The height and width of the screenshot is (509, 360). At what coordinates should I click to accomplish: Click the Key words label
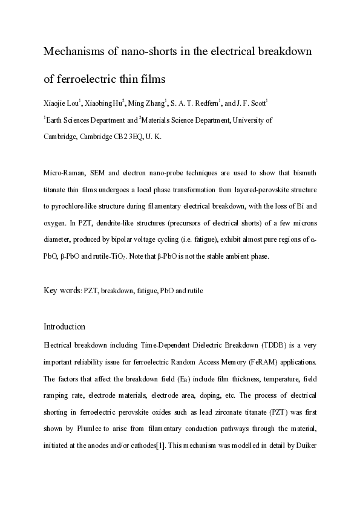(62, 291)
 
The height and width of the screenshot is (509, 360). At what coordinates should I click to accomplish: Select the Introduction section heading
(64, 326)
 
